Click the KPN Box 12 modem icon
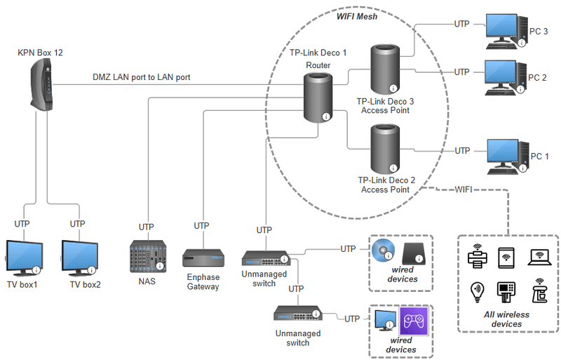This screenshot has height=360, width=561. point(41,85)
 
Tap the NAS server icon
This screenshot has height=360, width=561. point(148,257)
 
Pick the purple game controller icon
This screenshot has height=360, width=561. point(413,323)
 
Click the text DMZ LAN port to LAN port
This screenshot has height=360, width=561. point(141,77)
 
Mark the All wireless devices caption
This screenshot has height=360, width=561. point(507,319)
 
